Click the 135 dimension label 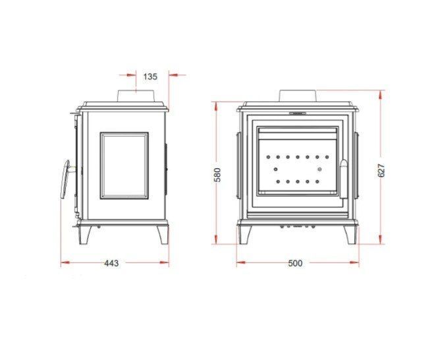(x=150, y=76)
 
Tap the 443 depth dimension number (x=111, y=263)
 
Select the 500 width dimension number (x=295, y=263)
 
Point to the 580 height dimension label (x=218, y=175)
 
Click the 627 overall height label (x=381, y=170)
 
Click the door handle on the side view (x=65, y=179)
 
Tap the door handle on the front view (x=345, y=179)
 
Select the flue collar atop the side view (x=136, y=96)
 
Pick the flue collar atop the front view (x=298, y=96)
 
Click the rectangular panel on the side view (x=124, y=165)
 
